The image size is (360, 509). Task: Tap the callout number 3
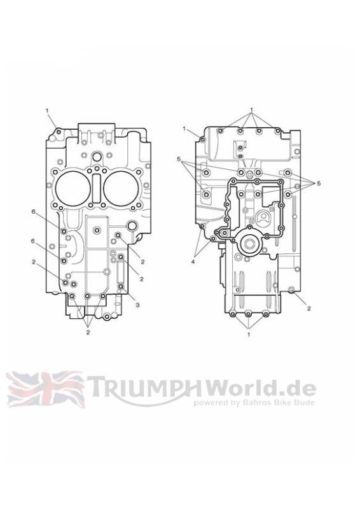click(137, 305)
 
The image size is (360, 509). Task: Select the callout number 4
click(193, 261)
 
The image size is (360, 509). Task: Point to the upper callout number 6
click(33, 212)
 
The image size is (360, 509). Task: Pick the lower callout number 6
click(33, 241)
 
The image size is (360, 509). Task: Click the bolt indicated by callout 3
click(121, 286)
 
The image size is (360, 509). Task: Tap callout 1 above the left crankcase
click(47, 111)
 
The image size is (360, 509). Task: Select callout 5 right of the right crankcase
click(319, 183)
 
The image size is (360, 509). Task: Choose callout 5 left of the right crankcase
click(179, 159)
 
